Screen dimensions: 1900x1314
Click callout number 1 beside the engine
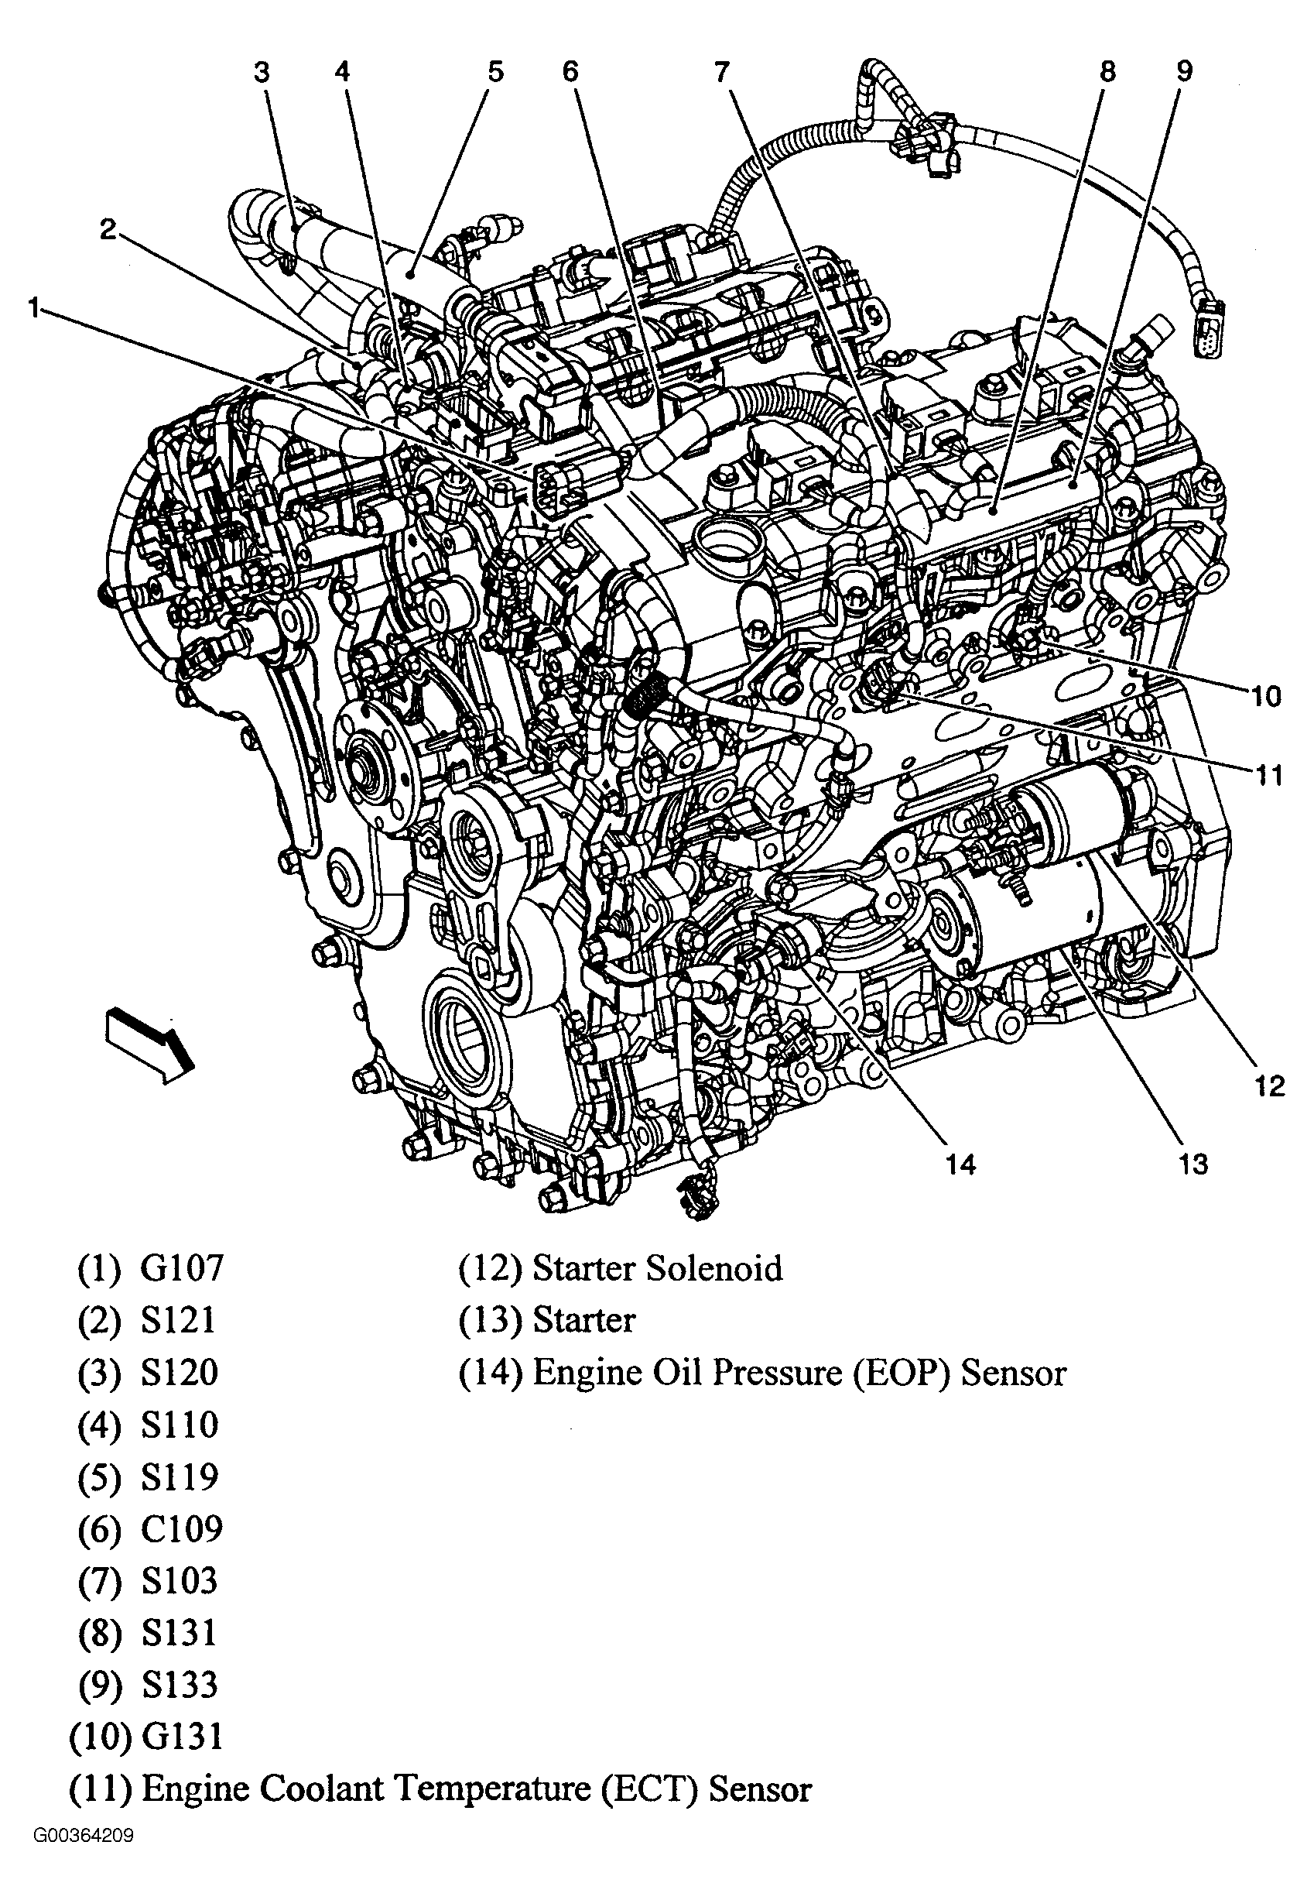coord(33,309)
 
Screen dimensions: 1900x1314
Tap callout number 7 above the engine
coord(722,73)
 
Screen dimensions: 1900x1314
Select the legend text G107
coord(182,1268)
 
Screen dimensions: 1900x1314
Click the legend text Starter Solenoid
coord(657,1268)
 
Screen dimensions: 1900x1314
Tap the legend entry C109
coord(182,1528)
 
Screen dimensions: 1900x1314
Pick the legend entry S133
coord(180,1684)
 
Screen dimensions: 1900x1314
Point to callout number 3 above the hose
coord(261,73)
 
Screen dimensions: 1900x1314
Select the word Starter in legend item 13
coord(583,1320)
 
